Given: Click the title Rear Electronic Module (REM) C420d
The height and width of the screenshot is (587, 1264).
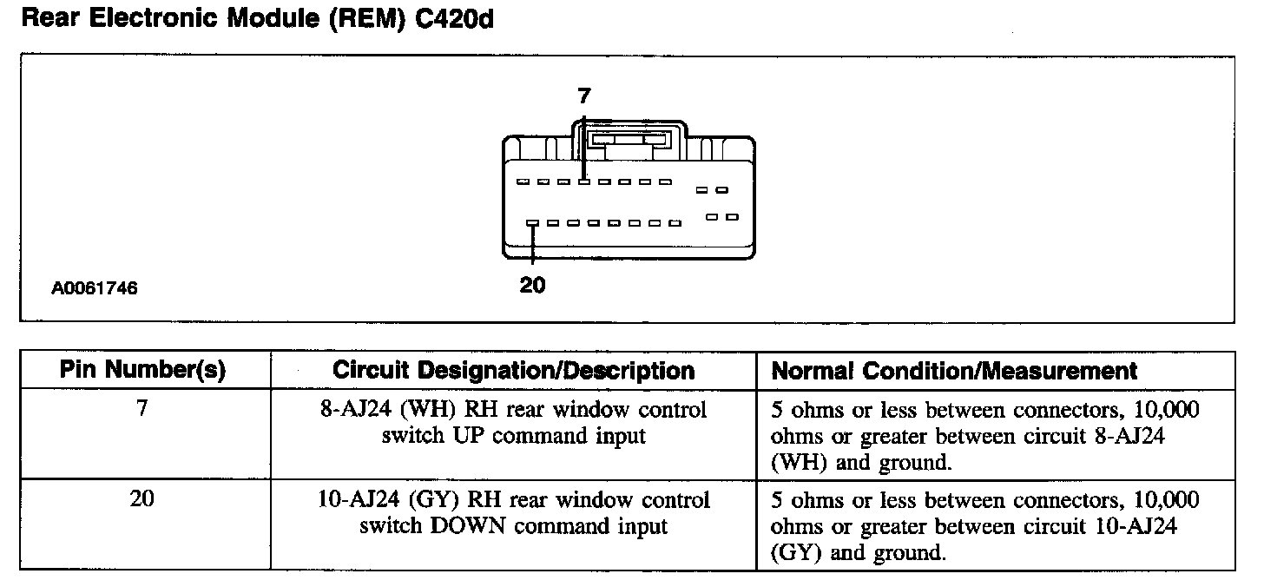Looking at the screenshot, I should (x=256, y=19).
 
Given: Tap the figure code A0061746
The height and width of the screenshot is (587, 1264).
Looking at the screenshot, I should (x=94, y=288).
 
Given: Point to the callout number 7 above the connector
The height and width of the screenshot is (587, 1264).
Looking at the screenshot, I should (x=584, y=97).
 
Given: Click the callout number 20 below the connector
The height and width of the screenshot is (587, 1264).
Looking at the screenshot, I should (x=532, y=284).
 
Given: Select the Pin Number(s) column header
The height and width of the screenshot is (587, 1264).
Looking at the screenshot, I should (x=143, y=371).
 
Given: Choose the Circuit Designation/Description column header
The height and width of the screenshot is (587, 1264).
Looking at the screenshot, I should (x=514, y=371).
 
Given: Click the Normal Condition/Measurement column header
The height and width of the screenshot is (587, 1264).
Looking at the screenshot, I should (x=954, y=371).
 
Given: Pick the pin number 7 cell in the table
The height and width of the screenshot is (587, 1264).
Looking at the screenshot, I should (x=143, y=409).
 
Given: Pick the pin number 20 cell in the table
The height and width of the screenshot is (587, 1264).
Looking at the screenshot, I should (x=143, y=500).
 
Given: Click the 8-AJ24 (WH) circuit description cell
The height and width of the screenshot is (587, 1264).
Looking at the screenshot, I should (x=514, y=422).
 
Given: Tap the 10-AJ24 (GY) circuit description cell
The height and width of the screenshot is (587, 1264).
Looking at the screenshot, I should (x=514, y=513).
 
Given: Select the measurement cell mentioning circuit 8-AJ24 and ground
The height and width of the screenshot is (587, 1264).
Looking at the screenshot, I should (x=985, y=436).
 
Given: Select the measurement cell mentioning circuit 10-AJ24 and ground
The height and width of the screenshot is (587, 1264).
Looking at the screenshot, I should (x=985, y=526).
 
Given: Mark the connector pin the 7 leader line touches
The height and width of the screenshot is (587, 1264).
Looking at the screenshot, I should (x=584, y=181).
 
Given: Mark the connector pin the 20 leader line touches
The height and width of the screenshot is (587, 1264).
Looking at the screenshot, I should (x=531, y=223).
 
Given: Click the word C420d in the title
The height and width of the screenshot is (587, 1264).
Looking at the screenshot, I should (x=455, y=19).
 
